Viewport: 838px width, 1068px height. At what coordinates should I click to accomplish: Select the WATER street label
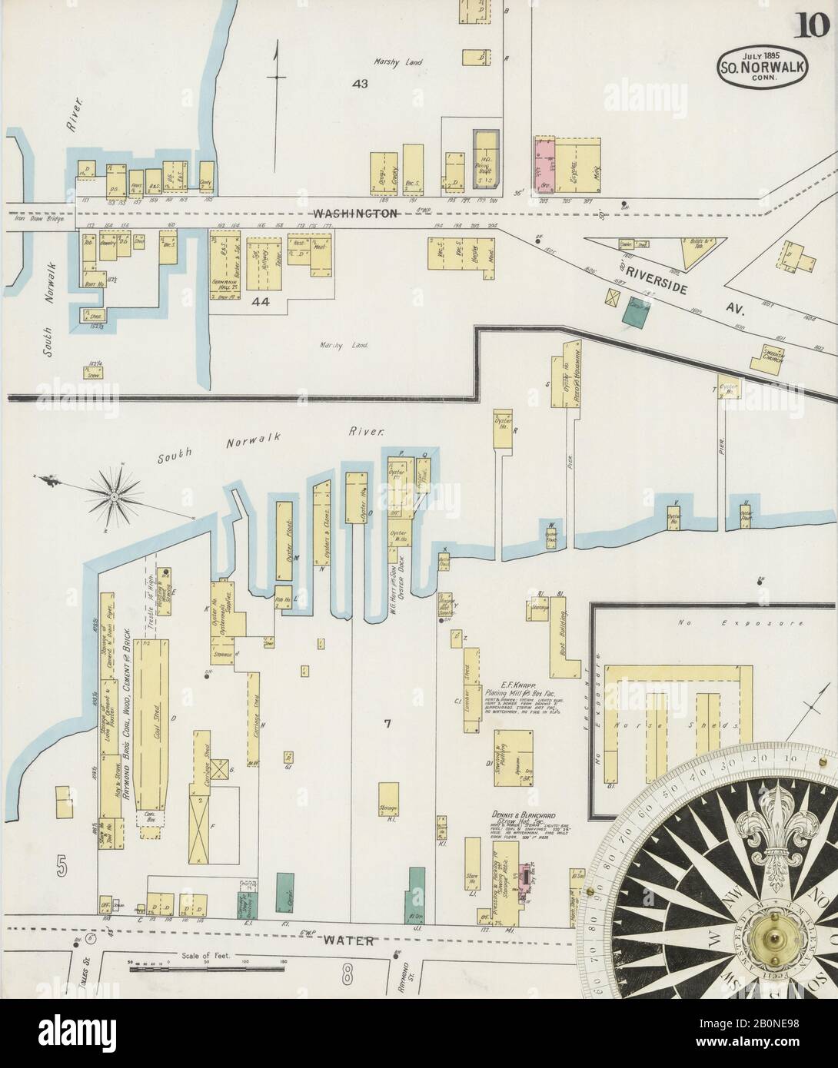tap(342, 940)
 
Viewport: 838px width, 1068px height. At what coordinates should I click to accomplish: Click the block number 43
tap(359, 83)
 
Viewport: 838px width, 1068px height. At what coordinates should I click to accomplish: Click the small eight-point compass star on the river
tap(115, 497)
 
